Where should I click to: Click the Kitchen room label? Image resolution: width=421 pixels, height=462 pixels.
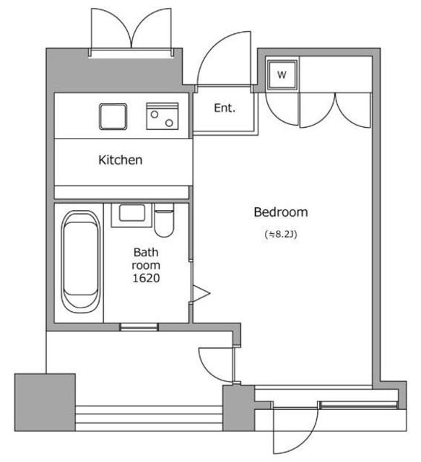tap(121, 160)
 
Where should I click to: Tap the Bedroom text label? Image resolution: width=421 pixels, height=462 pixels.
tap(281, 212)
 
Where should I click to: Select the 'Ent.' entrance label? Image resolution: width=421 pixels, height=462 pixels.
tap(225, 108)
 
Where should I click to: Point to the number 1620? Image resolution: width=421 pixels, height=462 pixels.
tap(146, 278)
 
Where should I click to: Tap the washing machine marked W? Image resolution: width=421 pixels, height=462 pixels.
tap(282, 74)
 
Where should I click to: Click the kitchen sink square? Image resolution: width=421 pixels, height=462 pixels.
tap(113, 117)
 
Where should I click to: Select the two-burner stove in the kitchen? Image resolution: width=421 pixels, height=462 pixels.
tap(162, 116)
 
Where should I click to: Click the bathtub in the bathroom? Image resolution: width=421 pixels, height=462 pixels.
tap(80, 261)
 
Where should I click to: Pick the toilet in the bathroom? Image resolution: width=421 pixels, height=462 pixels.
tap(164, 220)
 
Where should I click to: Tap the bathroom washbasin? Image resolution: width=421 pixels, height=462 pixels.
tap(131, 215)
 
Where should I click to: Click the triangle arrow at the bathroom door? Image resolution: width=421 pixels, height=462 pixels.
tap(201, 294)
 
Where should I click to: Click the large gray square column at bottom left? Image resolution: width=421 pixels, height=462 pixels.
tap(45, 403)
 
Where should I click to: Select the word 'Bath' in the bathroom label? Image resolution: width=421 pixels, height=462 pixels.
tap(146, 252)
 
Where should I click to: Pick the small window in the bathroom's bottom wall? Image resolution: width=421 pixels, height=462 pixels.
tap(139, 327)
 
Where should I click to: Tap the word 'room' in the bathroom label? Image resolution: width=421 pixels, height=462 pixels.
tap(146, 266)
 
